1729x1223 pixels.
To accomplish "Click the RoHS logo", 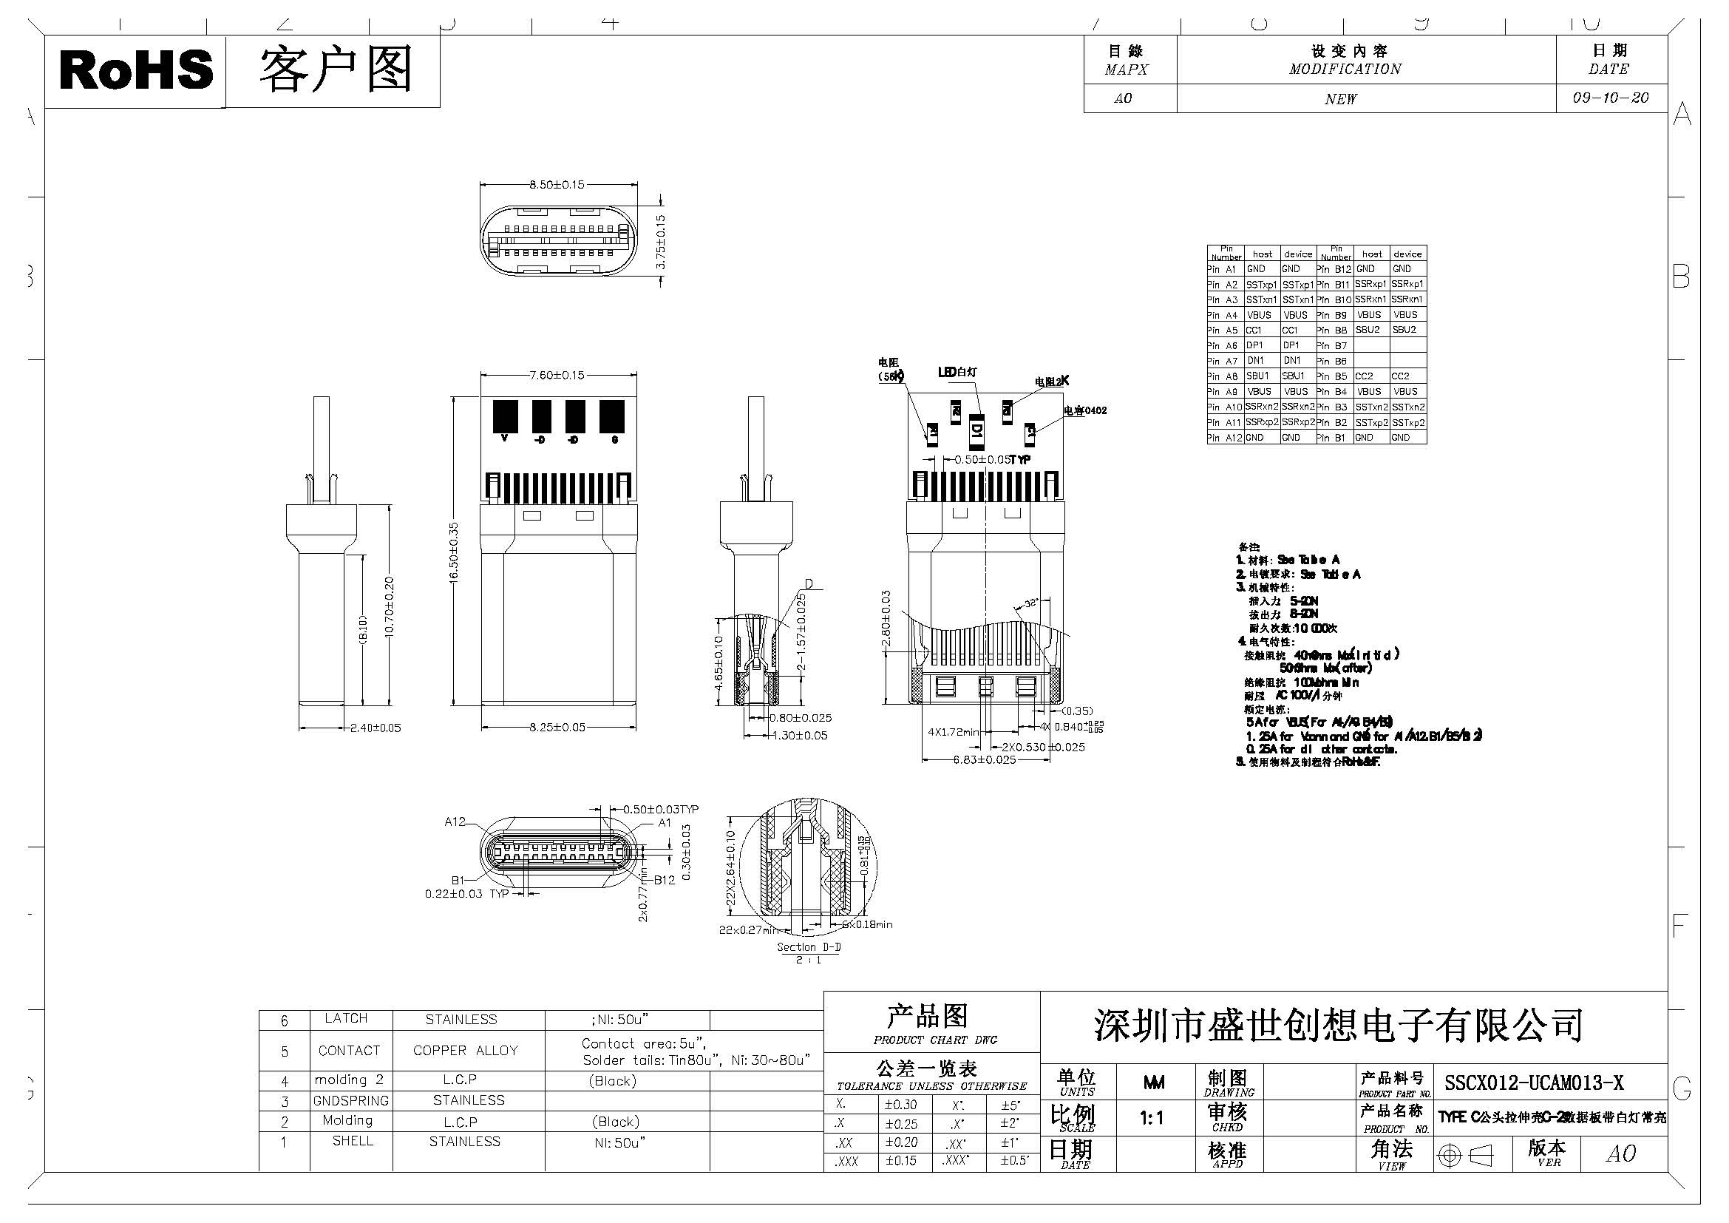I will (135, 70).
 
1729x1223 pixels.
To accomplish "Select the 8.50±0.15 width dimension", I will (557, 185).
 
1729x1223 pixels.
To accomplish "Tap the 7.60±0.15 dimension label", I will (557, 375).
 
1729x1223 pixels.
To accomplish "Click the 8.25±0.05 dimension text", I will (557, 728).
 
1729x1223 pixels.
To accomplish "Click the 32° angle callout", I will (1031, 603).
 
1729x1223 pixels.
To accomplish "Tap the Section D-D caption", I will (808, 946).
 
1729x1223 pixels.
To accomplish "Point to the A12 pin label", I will (455, 821).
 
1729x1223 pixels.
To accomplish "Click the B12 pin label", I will (665, 880).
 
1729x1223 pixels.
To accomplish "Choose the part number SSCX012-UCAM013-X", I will (1534, 1083).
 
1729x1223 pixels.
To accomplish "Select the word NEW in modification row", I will (1340, 99).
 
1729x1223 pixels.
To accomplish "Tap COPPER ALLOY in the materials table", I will (466, 1051).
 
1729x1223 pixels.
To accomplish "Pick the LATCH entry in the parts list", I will (347, 1018).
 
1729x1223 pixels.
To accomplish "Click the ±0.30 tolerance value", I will (900, 1105).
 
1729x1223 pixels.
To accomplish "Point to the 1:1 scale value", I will (1152, 1119).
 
